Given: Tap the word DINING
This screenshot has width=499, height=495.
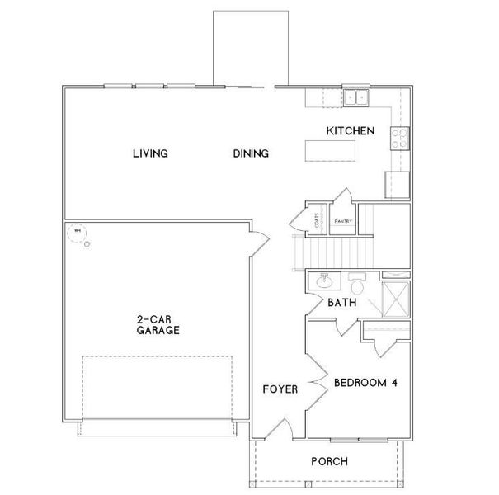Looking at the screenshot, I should click(x=251, y=153).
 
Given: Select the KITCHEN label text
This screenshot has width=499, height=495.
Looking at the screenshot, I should click(x=351, y=131).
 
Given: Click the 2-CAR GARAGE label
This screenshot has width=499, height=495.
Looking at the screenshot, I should click(x=158, y=325).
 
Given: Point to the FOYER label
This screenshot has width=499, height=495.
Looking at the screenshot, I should click(x=279, y=389).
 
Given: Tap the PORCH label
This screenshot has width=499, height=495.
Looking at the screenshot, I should click(x=328, y=461).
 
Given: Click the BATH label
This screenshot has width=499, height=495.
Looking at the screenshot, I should click(x=341, y=304).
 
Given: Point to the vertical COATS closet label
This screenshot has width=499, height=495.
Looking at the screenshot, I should click(x=317, y=221).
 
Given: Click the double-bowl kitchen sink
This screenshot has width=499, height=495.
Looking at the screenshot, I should click(x=357, y=98).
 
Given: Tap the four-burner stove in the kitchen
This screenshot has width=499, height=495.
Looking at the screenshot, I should click(x=400, y=137).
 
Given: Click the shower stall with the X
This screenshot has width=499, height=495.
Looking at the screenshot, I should click(x=395, y=295).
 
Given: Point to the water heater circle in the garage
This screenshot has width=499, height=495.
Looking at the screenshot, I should click(x=78, y=232).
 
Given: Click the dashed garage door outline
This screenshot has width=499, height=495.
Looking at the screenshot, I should click(x=157, y=387).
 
